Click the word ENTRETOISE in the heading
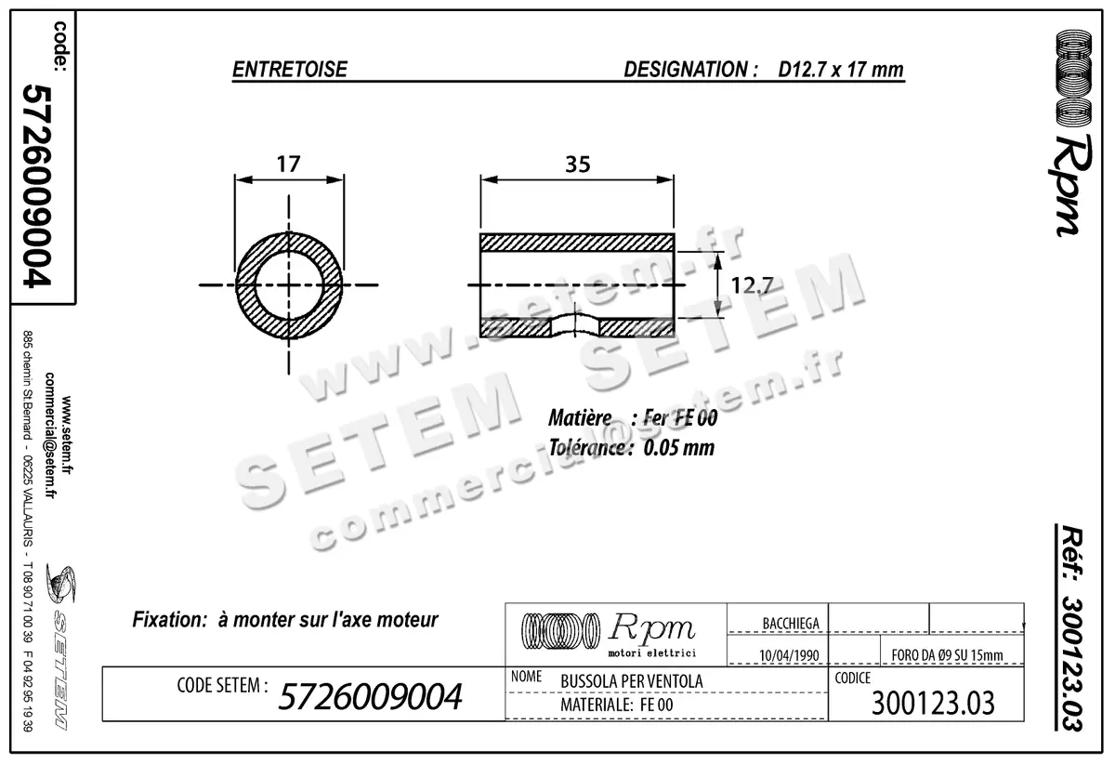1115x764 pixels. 289,70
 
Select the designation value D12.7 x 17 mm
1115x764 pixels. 841,70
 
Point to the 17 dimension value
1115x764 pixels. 289,164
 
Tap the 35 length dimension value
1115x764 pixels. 577,164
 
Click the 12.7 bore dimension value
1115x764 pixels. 752,285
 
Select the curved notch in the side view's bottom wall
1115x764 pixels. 576,324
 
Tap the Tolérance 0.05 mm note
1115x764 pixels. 631,447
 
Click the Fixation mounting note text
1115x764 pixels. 285,619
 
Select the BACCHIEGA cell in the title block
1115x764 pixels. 790,624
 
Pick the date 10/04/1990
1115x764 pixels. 789,654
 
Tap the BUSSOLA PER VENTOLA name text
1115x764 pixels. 632,681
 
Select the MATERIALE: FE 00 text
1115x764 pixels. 617,706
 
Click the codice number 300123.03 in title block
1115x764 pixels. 933,704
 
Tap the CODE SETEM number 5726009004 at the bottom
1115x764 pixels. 371,695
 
